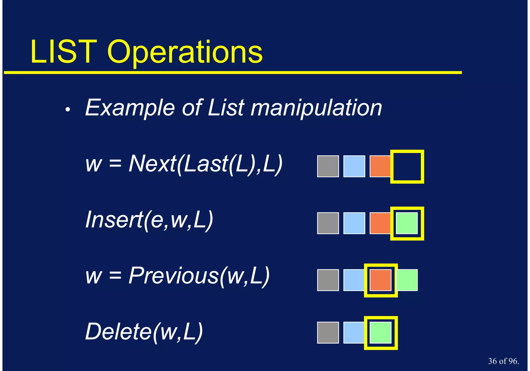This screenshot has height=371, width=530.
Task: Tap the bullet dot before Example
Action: tap(68, 110)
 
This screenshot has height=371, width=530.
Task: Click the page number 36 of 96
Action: tap(503, 361)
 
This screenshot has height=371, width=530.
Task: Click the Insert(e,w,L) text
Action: tap(149, 220)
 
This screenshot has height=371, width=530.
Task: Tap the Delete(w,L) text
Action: tap(144, 332)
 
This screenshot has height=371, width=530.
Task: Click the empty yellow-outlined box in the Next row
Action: tap(407, 166)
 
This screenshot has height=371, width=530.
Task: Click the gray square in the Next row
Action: tap(328, 166)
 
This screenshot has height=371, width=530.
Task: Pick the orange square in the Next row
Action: tap(380, 166)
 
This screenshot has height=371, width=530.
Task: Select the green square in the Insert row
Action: tap(407, 223)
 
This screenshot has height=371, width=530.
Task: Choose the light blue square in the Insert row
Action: tap(354, 223)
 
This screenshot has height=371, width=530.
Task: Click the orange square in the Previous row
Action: tap(380, 280)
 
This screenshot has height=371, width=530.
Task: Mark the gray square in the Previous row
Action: tap(328, 280)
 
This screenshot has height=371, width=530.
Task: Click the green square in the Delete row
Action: tap(380, 333)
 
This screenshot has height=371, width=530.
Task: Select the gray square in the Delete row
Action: tap(328, 333)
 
